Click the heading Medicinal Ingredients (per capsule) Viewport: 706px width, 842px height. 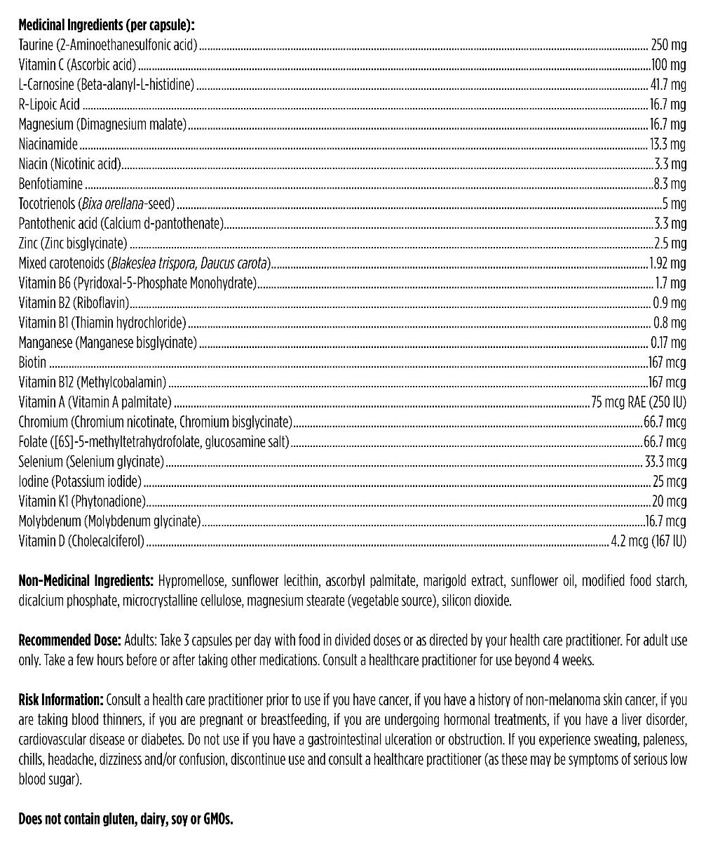[106, 26]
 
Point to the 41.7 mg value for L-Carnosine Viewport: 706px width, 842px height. [668, 86]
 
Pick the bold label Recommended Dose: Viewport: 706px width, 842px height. [69, 641]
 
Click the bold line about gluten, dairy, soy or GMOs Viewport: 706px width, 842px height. [125, 819]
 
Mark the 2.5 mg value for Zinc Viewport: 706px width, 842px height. [670, 244]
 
